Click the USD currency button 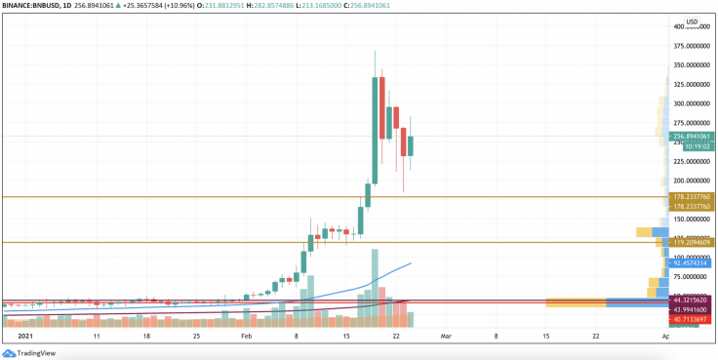[x=692, y=21]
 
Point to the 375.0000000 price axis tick [x=693, y=45]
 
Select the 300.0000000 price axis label [x=693, y=103]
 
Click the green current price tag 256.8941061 [x=693, y=137]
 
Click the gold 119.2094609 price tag [x=693, y=242]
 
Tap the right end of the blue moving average [x=410, y=262]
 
